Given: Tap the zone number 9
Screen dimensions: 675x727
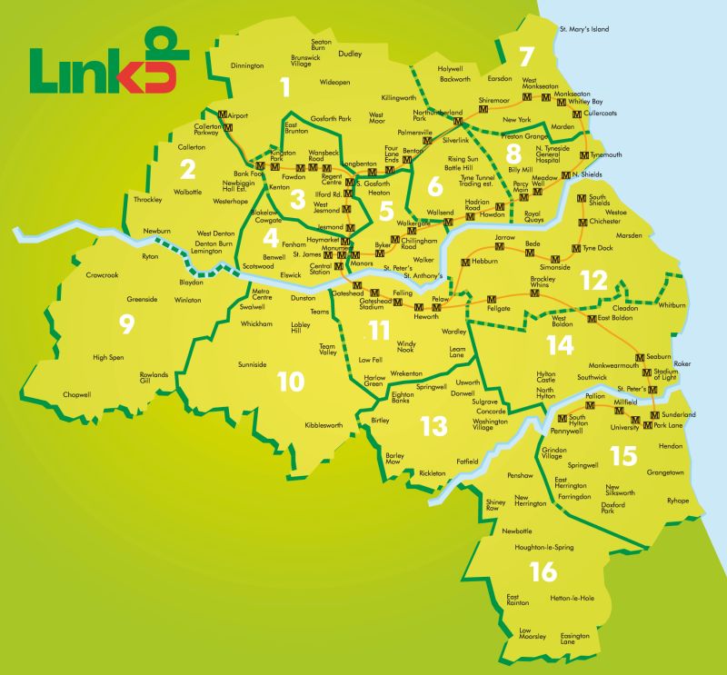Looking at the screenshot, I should coord(125,322).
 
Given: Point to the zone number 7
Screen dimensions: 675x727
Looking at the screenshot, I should coord(524,56).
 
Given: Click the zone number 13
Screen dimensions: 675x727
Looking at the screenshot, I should coord(433,424).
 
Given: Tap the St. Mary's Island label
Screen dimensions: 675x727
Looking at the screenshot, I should coord(584,29).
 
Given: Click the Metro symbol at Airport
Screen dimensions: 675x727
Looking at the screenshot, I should coord(223,115).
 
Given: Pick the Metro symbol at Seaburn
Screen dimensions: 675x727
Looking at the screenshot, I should coord(640,356).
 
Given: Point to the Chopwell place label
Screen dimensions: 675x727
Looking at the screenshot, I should coord(77,394).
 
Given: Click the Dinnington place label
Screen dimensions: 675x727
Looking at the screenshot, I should coord(247,65).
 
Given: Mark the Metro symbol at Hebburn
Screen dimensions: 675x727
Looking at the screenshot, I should coord(465,262).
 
